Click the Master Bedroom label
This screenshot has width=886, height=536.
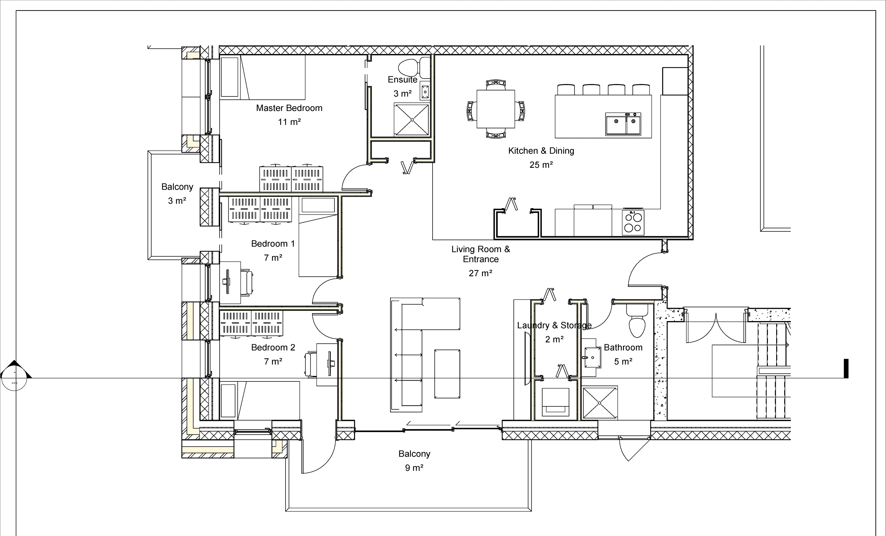pyautogui.click(x=289, y=108)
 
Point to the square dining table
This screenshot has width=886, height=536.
pyautogui.click(x=496, y=109)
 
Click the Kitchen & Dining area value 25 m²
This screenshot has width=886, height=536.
pyautogui.click(x=541, y=165)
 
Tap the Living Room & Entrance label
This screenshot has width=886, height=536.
pyautogui.click(x=481, y=254)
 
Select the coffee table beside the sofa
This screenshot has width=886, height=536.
pyautogui.click(x=447, y=374)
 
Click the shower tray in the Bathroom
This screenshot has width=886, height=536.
pyautogui.click(x=599, y=403)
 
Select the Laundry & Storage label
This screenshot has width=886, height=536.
pyautogui.click(x=554, y=325)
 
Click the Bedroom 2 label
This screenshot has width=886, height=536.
pyautogui.click(x=273, y=347)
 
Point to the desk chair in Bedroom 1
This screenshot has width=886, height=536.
pyautogui.click(x=247, y=283)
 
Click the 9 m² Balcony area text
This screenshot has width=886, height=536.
pyautogui.click(x=414, y=468)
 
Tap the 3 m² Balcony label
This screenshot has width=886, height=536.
pyautogui.click(x=177, y=201)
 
